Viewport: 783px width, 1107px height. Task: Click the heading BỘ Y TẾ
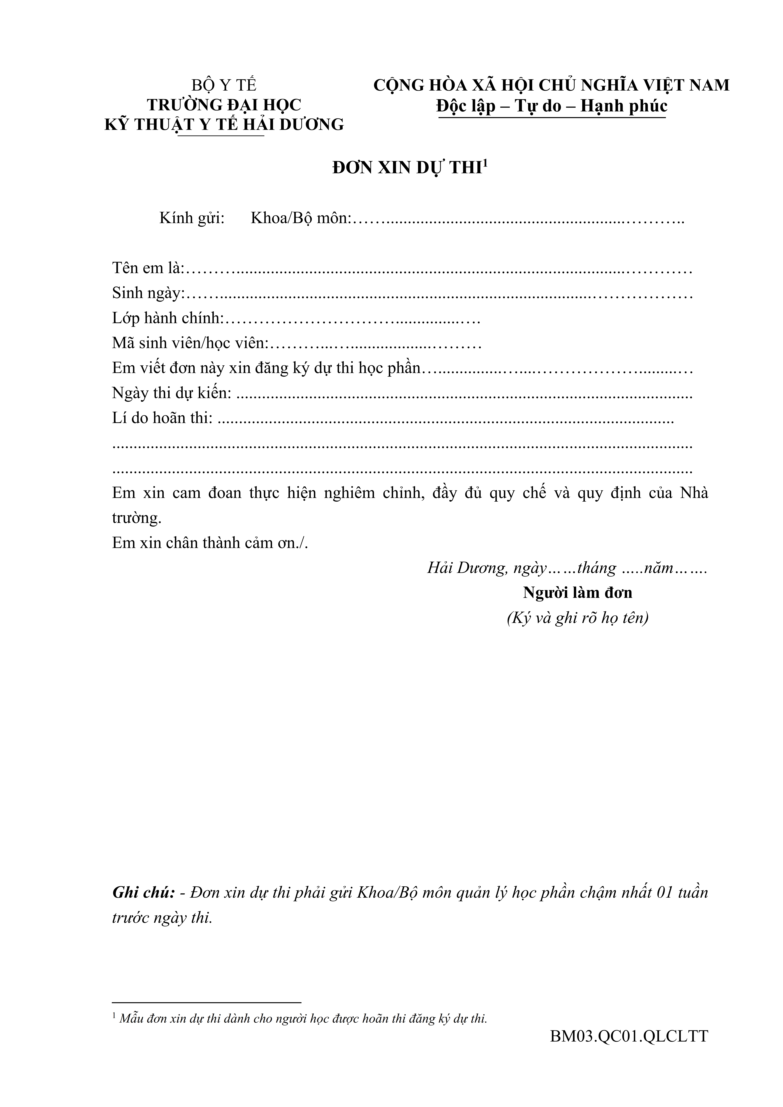(x=224, y=85)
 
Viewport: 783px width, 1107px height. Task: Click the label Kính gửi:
(x=192, y=218)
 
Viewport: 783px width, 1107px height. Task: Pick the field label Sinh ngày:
(x=149, y=293)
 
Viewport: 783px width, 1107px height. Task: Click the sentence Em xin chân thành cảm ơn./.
(x=210, y=543)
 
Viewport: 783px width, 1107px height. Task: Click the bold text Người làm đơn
(x=578, y=593)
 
